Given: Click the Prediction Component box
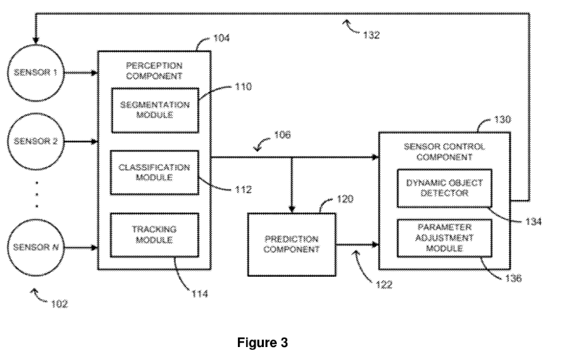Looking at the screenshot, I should click(x=291, y=244).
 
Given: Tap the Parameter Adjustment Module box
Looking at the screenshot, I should click(x=443, y=238).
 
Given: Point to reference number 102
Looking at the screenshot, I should click(x=58, y=305).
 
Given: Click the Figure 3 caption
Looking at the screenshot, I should click(x=282, y=342).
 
